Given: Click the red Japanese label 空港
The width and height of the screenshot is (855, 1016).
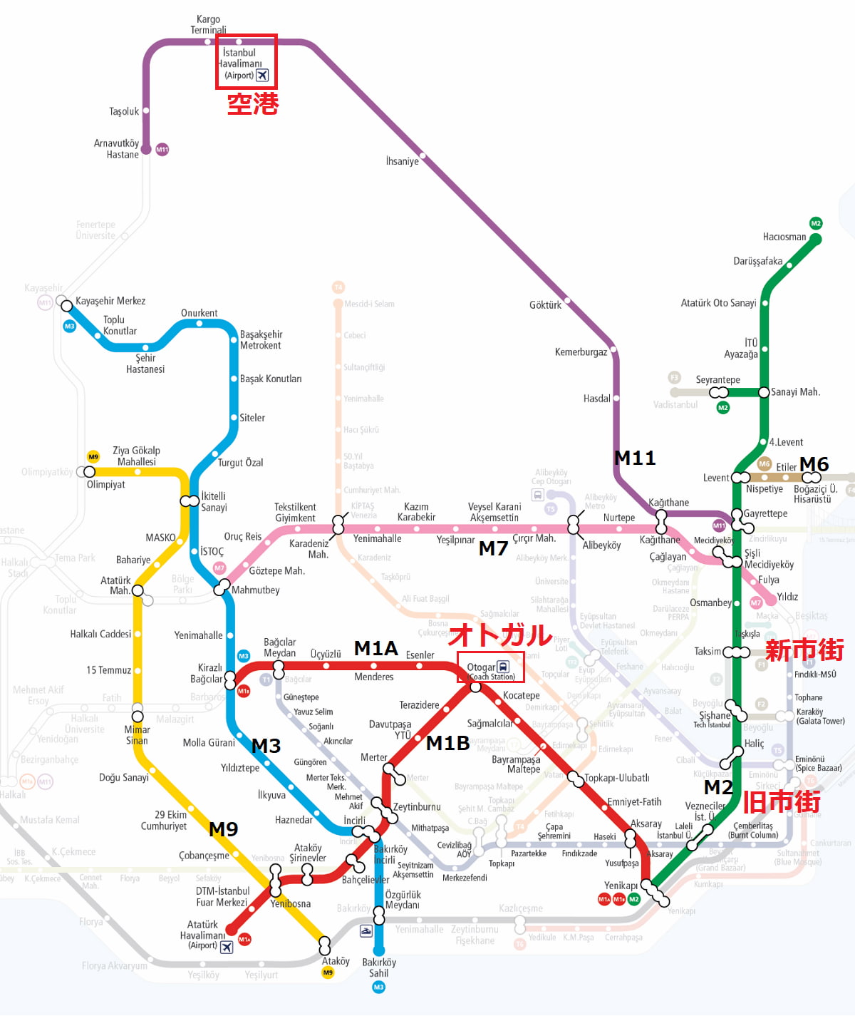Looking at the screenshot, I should point(253,104).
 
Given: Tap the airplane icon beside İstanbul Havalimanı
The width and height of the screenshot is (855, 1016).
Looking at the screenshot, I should point(262,76).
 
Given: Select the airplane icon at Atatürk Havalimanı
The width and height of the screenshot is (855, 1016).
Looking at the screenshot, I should point(227,947).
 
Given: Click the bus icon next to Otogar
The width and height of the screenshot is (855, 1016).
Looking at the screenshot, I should point(503,667).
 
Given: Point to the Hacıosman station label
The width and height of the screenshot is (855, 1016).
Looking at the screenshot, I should point(784,237).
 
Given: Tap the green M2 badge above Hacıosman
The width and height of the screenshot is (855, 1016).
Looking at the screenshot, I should point(816,223).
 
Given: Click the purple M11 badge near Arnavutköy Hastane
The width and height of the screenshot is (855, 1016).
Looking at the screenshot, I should point(162,150).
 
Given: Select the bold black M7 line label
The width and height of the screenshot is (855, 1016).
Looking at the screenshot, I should point(493,548).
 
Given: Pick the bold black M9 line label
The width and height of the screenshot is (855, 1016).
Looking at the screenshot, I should point(223,829).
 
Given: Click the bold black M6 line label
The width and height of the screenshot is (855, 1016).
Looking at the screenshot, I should point(814,465).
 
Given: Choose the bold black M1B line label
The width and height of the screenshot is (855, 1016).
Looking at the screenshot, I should point(447,744).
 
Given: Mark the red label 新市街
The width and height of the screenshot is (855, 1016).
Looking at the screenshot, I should point(804,650).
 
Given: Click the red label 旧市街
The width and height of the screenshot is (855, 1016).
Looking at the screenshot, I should point(782,802).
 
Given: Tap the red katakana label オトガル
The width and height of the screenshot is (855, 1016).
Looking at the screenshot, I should point(500,635).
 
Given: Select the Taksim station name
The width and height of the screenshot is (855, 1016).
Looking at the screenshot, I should point(708,652).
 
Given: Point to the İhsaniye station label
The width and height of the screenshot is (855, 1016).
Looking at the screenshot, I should point(402,161).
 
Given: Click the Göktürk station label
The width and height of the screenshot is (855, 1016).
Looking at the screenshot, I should point(545,305).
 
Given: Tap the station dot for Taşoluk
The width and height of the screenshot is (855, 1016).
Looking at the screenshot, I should point(146,111).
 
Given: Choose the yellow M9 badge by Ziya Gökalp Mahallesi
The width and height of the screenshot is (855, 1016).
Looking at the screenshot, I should point(93,457).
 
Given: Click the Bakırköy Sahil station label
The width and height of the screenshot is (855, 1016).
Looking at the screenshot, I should point(378,968).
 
